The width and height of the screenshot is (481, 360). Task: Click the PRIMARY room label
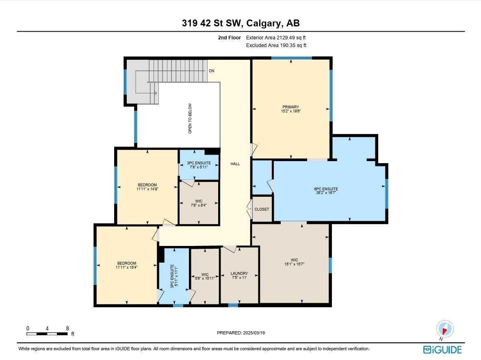(291, 107)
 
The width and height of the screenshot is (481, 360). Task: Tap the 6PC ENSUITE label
(326, 189)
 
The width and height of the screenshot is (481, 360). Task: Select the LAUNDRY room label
(239, 274)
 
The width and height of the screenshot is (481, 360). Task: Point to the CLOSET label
(262, 209)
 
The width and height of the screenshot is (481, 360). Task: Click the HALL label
(235, 164)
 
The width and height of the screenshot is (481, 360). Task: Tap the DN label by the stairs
(211, 71)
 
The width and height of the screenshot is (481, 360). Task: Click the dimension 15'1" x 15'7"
(294, 264)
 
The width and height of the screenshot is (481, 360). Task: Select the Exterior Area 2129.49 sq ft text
(276, 37)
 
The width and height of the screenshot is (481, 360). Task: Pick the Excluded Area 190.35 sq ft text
(276, 45)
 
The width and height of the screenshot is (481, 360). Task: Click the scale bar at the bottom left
(47, 334)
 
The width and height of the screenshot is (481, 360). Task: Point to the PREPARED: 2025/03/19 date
(240, 333)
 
